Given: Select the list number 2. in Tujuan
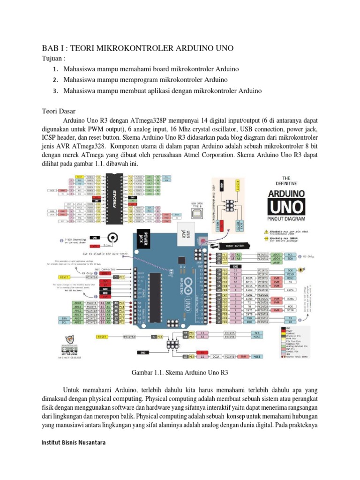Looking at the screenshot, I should click(55, 80).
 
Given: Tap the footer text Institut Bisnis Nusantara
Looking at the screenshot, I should click(73, 442).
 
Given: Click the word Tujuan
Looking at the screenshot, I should click(52, 59).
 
